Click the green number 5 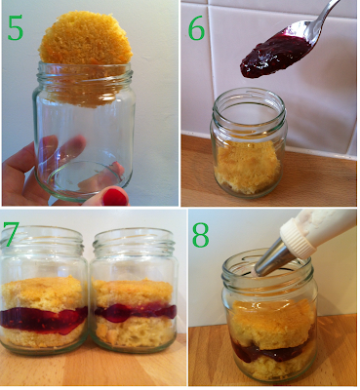pos(15,27)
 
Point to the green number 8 pos(200,235)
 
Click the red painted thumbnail pos(114,196)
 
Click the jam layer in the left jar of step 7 pos(43,320)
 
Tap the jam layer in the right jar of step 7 pos(134,311)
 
